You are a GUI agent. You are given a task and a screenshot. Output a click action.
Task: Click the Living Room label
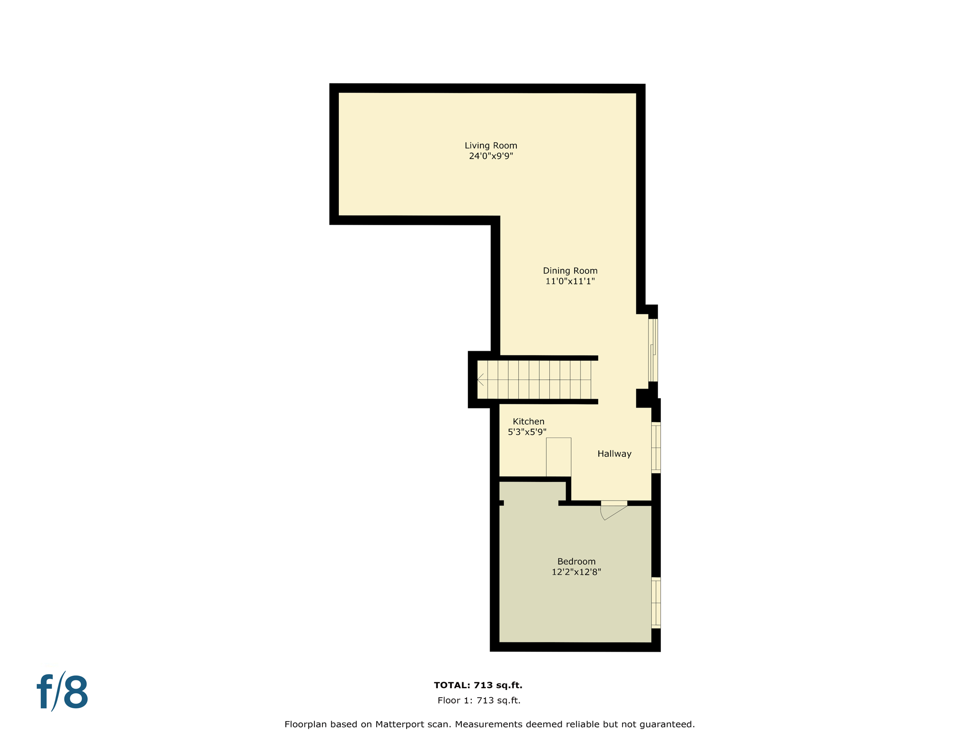490,145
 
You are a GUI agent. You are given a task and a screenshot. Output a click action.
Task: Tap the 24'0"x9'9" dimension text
490,156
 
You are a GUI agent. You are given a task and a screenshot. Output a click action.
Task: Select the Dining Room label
570,271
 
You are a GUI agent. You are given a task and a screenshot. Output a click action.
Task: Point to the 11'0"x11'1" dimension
570,281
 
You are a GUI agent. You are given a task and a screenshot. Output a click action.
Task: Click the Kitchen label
528,422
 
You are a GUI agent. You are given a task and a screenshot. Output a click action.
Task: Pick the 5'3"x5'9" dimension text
527,432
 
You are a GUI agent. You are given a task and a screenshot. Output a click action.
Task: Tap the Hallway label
614,454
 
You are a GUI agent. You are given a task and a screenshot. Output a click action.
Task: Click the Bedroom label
576,561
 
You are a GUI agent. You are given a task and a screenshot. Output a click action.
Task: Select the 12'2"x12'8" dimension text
576,572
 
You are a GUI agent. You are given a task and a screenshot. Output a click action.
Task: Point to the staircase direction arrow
480,380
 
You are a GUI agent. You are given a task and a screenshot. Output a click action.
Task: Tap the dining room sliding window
653,350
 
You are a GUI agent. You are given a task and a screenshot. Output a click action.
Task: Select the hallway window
656,447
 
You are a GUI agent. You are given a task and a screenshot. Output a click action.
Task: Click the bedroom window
656,603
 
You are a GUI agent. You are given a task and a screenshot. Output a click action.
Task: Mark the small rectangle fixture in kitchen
558,457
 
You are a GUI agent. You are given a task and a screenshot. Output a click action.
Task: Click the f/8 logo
63,692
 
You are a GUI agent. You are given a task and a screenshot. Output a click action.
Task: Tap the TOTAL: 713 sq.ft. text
478,685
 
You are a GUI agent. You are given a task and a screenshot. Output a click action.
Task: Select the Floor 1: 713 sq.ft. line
479,701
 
